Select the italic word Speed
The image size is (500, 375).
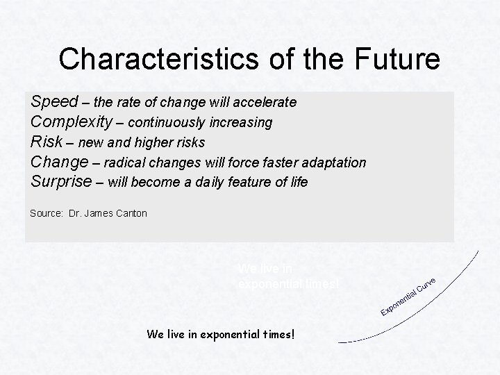54,103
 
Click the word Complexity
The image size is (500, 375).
72,123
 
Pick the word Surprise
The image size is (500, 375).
61,183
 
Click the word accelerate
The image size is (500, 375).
267,103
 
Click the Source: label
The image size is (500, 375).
47,213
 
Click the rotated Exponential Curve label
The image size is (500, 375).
409,294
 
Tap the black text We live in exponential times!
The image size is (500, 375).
221,334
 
